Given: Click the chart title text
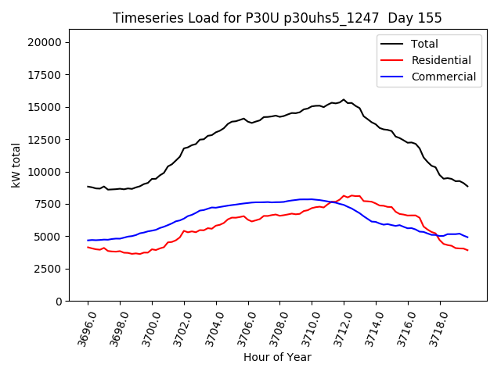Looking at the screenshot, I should pyautogui.click(x=277, y=18).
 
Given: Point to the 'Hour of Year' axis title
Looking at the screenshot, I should pyautogui.click(x=277, y=357).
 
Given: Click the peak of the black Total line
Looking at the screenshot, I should pyautogui.click(x=344, y=100).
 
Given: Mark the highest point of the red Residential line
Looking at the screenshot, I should pyautogui.click(x=351, y=195).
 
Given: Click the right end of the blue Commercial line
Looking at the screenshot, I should pyautogui.click(x=467, y=237).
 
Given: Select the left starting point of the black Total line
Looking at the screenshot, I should pyautogui.click(x=88, y=186).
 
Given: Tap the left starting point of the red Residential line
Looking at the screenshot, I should pyautogui.click(x=88, y=247).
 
